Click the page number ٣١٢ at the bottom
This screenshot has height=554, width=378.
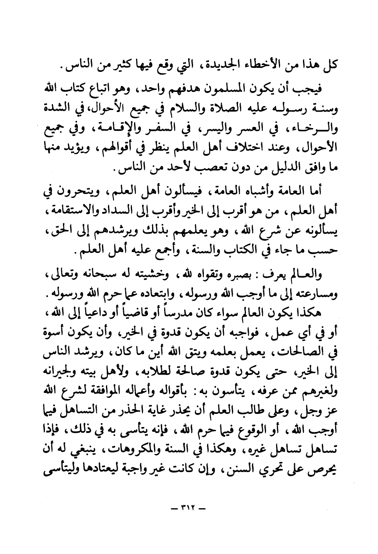188,509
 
